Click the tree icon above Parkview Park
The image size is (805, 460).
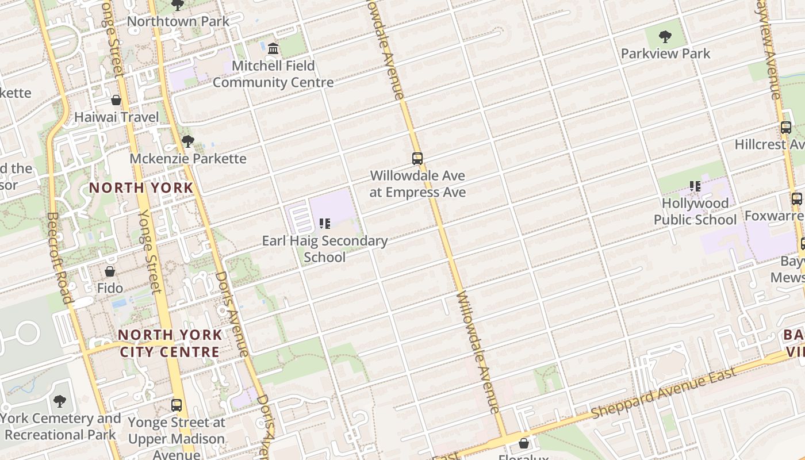click(x=665, y=37)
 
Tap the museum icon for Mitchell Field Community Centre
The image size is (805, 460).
click(x=273, y=48)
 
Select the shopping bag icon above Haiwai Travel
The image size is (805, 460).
click(x=116, y=100)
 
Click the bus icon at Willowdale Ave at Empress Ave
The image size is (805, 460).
click(x=417, y=158)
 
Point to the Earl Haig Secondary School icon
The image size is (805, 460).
click(x=325, y=223)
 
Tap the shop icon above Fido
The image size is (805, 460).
click(x=110, y=271)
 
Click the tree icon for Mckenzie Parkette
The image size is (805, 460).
click(x=187, y=141)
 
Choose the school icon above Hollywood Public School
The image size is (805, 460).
click(x=695, y=186)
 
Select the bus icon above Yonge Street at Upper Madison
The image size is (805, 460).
click(x=177, y=405)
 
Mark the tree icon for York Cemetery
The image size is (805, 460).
click(x=60, y=401)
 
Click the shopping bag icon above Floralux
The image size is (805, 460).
click(x=523, y=443)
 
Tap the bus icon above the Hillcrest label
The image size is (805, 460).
click(x=785, y=128)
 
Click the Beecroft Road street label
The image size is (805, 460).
click(x=59, y=258)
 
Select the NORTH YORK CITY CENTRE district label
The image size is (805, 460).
click(x=170, y=343)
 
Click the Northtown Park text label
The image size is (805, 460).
click(x=178, y=21)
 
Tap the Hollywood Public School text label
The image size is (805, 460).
click(x=695, y=211)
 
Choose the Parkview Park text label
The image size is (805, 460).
click(x=665, y=53)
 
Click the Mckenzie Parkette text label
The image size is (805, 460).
click(x=188, y=158)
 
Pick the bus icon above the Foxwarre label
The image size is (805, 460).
click(x=796, y=199)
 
